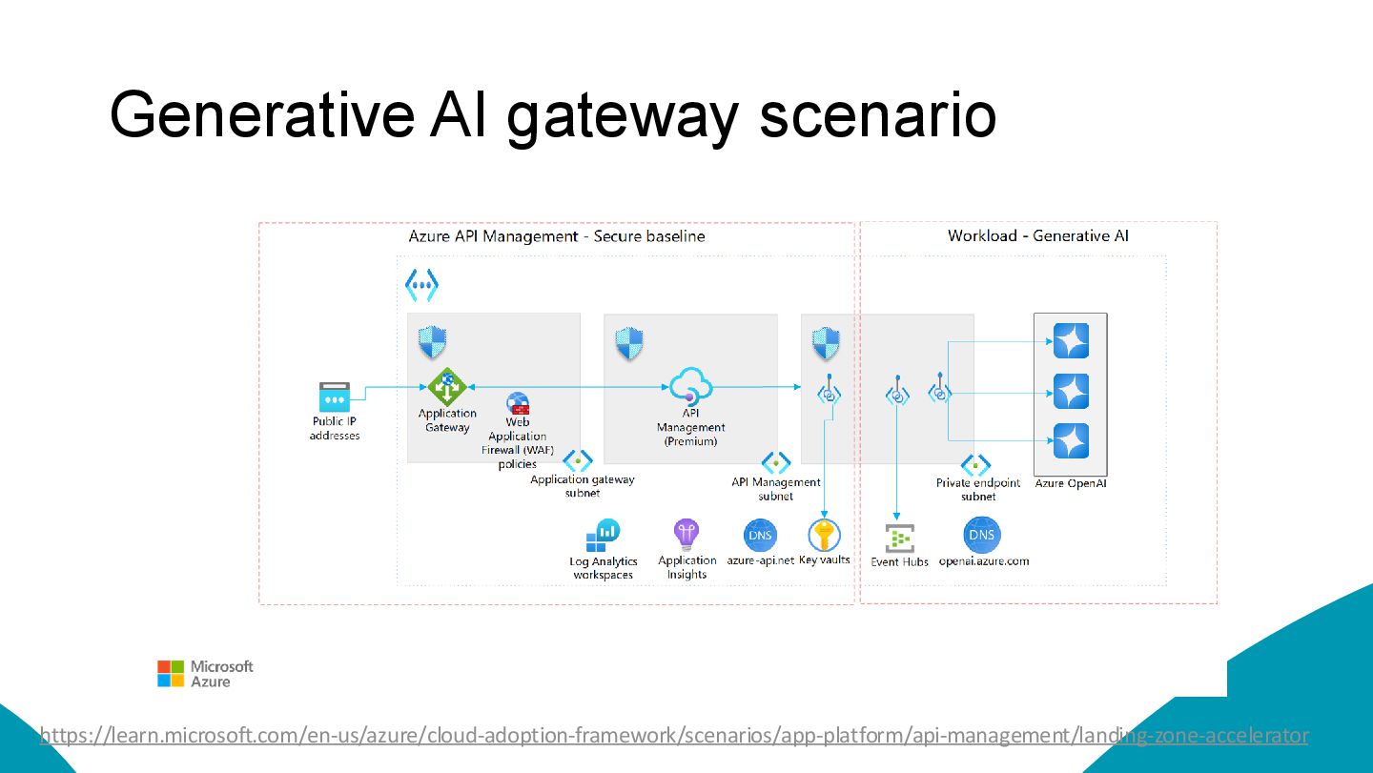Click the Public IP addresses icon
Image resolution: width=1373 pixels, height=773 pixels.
335,397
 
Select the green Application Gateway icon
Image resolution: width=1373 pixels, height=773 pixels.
446,387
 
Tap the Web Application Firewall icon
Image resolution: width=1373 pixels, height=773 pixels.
518,403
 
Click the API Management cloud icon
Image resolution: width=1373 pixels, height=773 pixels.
690,387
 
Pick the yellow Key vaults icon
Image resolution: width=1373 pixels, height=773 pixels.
824,535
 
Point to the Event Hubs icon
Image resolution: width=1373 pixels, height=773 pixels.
899,539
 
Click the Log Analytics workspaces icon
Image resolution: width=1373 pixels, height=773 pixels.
603,536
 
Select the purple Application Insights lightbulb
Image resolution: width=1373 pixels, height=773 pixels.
686,535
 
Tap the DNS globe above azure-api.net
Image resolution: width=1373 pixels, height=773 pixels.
760,535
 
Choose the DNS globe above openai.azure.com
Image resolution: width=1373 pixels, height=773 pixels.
982,535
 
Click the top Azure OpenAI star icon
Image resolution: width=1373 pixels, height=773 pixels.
1071,341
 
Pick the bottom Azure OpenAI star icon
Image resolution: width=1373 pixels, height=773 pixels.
1071,440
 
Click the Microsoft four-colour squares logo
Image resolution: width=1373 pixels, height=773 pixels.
171,674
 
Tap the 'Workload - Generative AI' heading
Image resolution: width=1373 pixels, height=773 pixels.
1037,235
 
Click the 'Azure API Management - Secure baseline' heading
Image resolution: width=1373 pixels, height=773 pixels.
557,235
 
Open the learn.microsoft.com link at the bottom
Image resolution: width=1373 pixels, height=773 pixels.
673,735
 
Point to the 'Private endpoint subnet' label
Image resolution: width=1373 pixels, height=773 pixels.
978,489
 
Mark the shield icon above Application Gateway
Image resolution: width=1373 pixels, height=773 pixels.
433,342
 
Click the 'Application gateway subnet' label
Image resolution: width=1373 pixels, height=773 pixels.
583,486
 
